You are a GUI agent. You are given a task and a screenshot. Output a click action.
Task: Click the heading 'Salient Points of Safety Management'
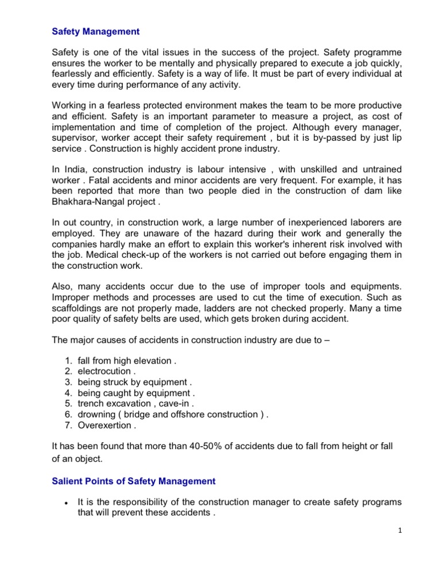pos(134,481)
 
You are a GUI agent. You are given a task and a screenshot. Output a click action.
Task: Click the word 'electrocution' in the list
pos(104,372)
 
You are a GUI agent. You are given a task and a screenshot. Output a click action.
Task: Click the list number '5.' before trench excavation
pos(67,404)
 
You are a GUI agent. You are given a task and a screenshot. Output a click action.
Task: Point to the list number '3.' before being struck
pos(67,382)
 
